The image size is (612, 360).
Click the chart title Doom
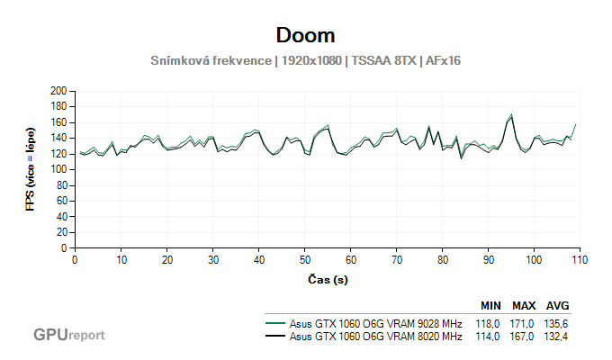pos(306,35)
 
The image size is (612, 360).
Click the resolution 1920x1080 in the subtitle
pos(310,60)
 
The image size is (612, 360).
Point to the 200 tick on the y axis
pos(60,91)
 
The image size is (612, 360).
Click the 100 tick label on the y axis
pos(60,169)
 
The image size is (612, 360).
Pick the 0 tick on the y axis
pos(66,247)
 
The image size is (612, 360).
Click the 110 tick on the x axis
pos(579,259)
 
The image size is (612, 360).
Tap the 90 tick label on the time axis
pos(488,259)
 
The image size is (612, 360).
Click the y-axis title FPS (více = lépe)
pos(30,169)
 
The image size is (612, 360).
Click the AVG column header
pos(558,305)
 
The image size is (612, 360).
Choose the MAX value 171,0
pos(524,321)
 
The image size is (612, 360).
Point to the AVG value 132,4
pos(558,337)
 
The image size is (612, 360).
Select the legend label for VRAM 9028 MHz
pos(376,321)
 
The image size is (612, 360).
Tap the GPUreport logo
pos(69,335)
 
